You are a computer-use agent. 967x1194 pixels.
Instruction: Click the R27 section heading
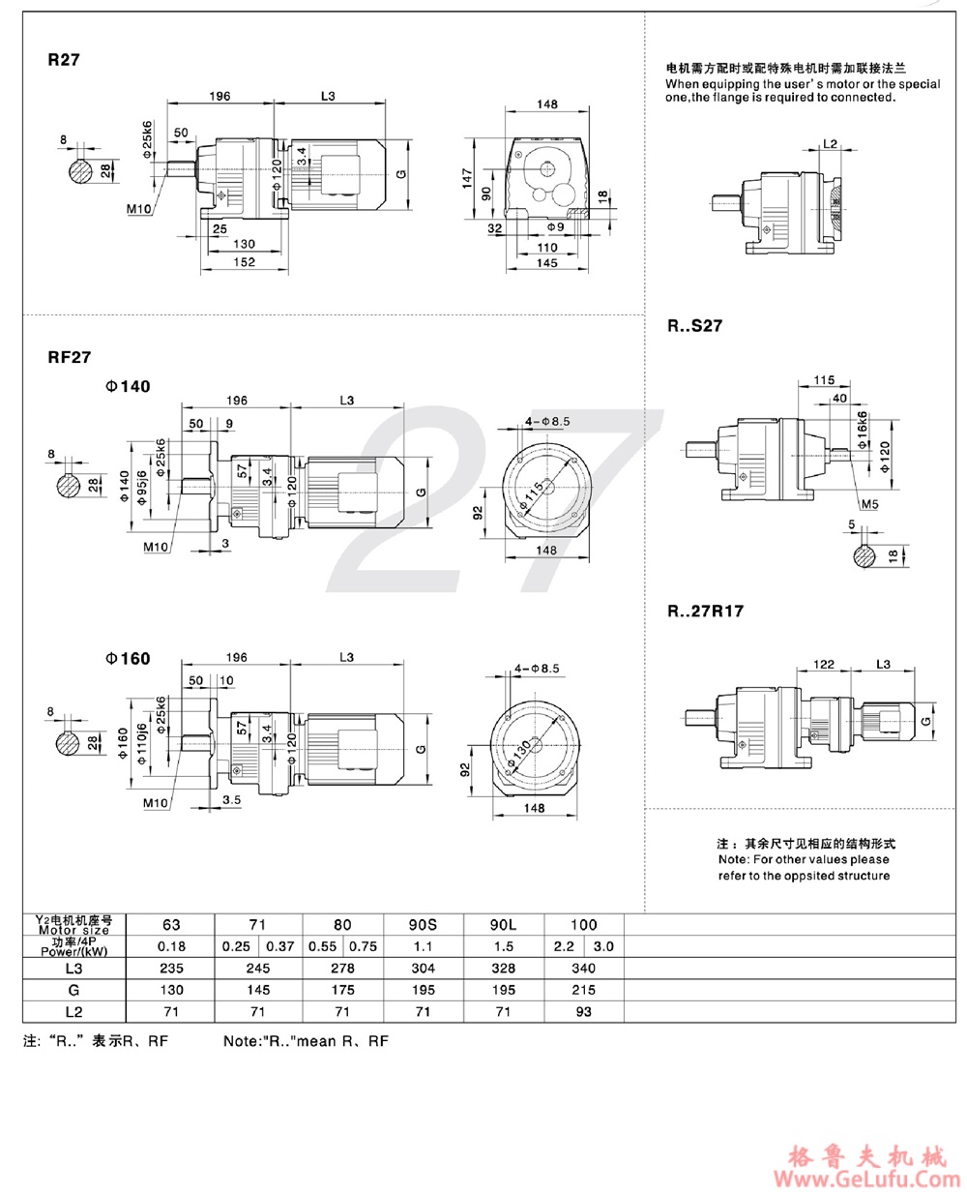click(64, 60)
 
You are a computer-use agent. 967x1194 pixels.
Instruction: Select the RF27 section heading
click(70, 357)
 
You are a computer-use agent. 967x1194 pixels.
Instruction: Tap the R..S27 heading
click(694, 326)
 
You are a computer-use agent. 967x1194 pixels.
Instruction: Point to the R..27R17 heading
click(705, 612)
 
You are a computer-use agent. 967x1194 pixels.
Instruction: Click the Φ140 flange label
click(129, 387)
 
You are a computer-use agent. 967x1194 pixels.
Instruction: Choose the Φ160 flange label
click(129, 659)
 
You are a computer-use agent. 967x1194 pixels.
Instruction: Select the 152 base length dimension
click(245, 262)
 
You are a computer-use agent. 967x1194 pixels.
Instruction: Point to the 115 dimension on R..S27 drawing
click(824, 380)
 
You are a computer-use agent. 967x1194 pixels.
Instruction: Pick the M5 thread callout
click(870, 504)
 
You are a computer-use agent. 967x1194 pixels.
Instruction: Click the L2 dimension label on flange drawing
click(830, 143)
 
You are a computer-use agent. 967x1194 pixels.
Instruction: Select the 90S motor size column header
click(423, 924)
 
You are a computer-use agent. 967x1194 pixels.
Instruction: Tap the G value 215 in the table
click(583, 990)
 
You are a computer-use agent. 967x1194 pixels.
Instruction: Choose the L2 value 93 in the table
click(583, 1011)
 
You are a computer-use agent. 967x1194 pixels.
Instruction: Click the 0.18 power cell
click(170, 946)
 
